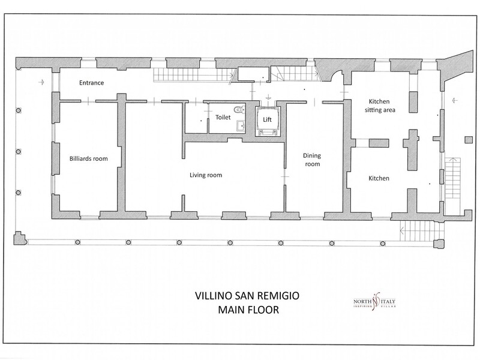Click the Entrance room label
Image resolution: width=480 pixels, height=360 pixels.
[x=91, y=83]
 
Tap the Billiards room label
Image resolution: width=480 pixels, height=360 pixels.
[x=88, y=158]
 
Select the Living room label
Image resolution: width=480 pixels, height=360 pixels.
[x=206, y=175]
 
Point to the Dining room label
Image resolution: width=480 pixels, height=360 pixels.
[x=312, y=160]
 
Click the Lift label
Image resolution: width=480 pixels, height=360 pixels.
[x=267, y=119]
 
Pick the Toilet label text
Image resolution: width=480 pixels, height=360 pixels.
[x=223, y=117]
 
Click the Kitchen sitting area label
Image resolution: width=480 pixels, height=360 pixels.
[x=380, y=106]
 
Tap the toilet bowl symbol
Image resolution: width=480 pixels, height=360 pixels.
[x=239, y=109]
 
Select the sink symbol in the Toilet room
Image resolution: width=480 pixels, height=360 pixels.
[x=241, y=125]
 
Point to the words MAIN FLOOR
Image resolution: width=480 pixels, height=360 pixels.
[x=248, y=310]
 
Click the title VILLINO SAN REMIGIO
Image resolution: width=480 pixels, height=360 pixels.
[x=247, y=296]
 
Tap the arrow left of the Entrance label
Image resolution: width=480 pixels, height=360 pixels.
[x=41, y=82]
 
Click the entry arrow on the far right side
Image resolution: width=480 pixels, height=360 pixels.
[x=455, y=100]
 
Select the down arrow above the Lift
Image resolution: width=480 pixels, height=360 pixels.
[x=268, y=97]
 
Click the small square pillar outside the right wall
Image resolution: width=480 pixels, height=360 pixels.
[x=469, y=140]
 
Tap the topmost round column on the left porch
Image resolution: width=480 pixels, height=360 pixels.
[x=19, y=110]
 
